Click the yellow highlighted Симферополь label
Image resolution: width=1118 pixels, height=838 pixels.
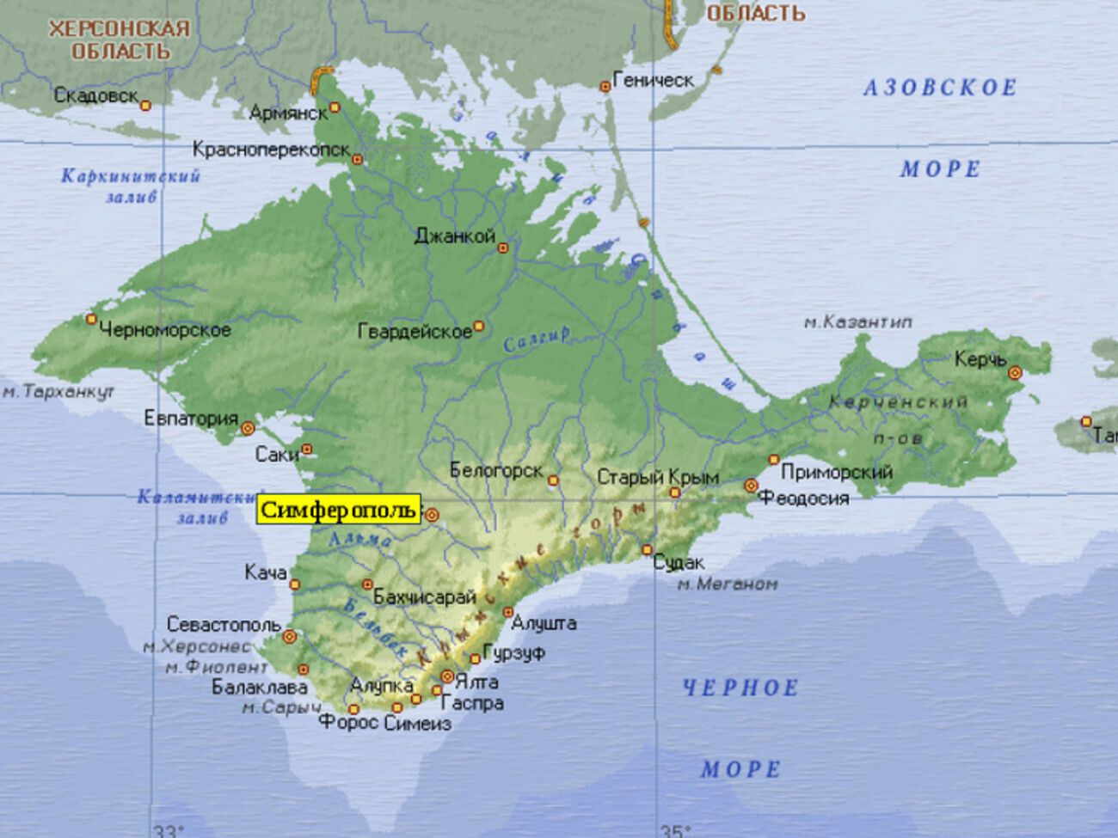coord(339,511)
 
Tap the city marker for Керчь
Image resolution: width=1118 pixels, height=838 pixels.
coord(1015,373)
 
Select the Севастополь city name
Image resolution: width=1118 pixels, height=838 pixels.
coord(224,624)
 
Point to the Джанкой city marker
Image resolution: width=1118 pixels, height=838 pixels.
coord(504,248)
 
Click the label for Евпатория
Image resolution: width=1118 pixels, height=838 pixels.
coord(191,419)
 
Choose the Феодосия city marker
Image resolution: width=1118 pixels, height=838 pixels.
coord(751,486)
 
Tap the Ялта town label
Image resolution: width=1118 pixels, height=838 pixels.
coord(477,682)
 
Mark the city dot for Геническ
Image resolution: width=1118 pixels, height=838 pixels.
coord(605,86)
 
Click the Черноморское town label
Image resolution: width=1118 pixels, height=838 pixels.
coord(165,329)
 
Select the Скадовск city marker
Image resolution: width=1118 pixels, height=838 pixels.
coord(145,105)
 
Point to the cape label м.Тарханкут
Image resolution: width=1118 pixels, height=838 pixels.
coord(57,392)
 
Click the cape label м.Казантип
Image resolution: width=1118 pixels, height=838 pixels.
coord(857,322)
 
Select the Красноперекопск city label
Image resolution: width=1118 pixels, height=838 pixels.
coord(271,150)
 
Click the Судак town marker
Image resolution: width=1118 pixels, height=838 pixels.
coord(647,550)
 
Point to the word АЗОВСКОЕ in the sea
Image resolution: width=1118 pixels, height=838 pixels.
coord(939,88)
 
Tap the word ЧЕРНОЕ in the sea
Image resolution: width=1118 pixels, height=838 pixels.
coord(740,688)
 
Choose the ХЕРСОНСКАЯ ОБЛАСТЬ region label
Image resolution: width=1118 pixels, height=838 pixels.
coord(119,40)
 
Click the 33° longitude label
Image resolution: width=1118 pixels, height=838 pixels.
coord(169,830)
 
